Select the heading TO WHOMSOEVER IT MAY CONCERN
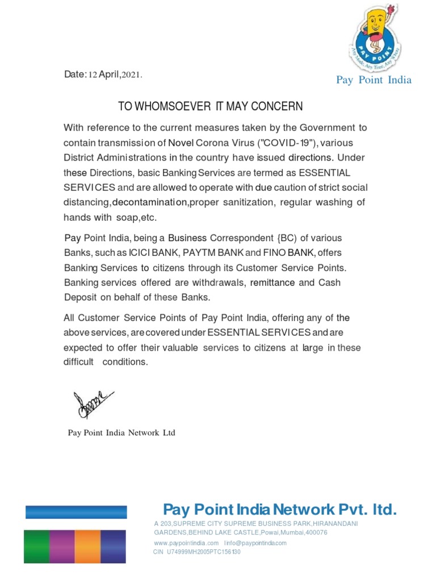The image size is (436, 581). coord(210,106)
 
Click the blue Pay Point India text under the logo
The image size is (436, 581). coord(374,80)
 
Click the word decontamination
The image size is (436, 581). coord(150,203)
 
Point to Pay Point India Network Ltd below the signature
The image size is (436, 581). coord(121,433)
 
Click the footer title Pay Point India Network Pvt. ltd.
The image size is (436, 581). coord(280,510)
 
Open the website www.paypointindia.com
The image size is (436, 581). coord(186,543)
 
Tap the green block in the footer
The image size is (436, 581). coord(36,546)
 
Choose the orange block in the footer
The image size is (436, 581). coord(87,546)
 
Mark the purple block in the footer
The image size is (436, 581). coord(61,546)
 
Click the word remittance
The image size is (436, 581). coord(272,282)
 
